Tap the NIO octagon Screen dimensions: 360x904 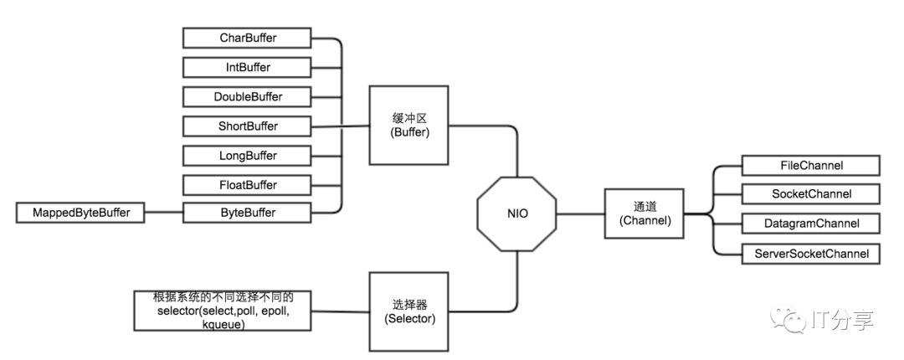pos(516,213)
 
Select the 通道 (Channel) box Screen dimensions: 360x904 pos(639,213)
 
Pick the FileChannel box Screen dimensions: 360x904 pos(810,165)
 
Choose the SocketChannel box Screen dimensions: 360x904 pos(810,194)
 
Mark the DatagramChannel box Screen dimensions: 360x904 pos(810,224)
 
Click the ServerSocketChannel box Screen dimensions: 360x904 pos(810,253)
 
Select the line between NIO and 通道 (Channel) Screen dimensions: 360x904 pos(578,213)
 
